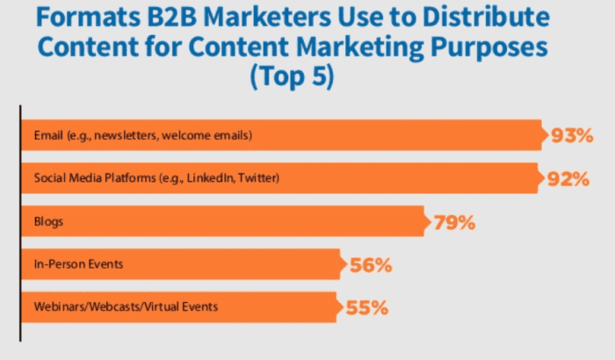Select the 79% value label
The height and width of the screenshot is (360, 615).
point(453,222)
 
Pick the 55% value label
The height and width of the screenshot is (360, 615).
point(365,308)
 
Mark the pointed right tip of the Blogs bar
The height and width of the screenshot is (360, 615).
point(427,222)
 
